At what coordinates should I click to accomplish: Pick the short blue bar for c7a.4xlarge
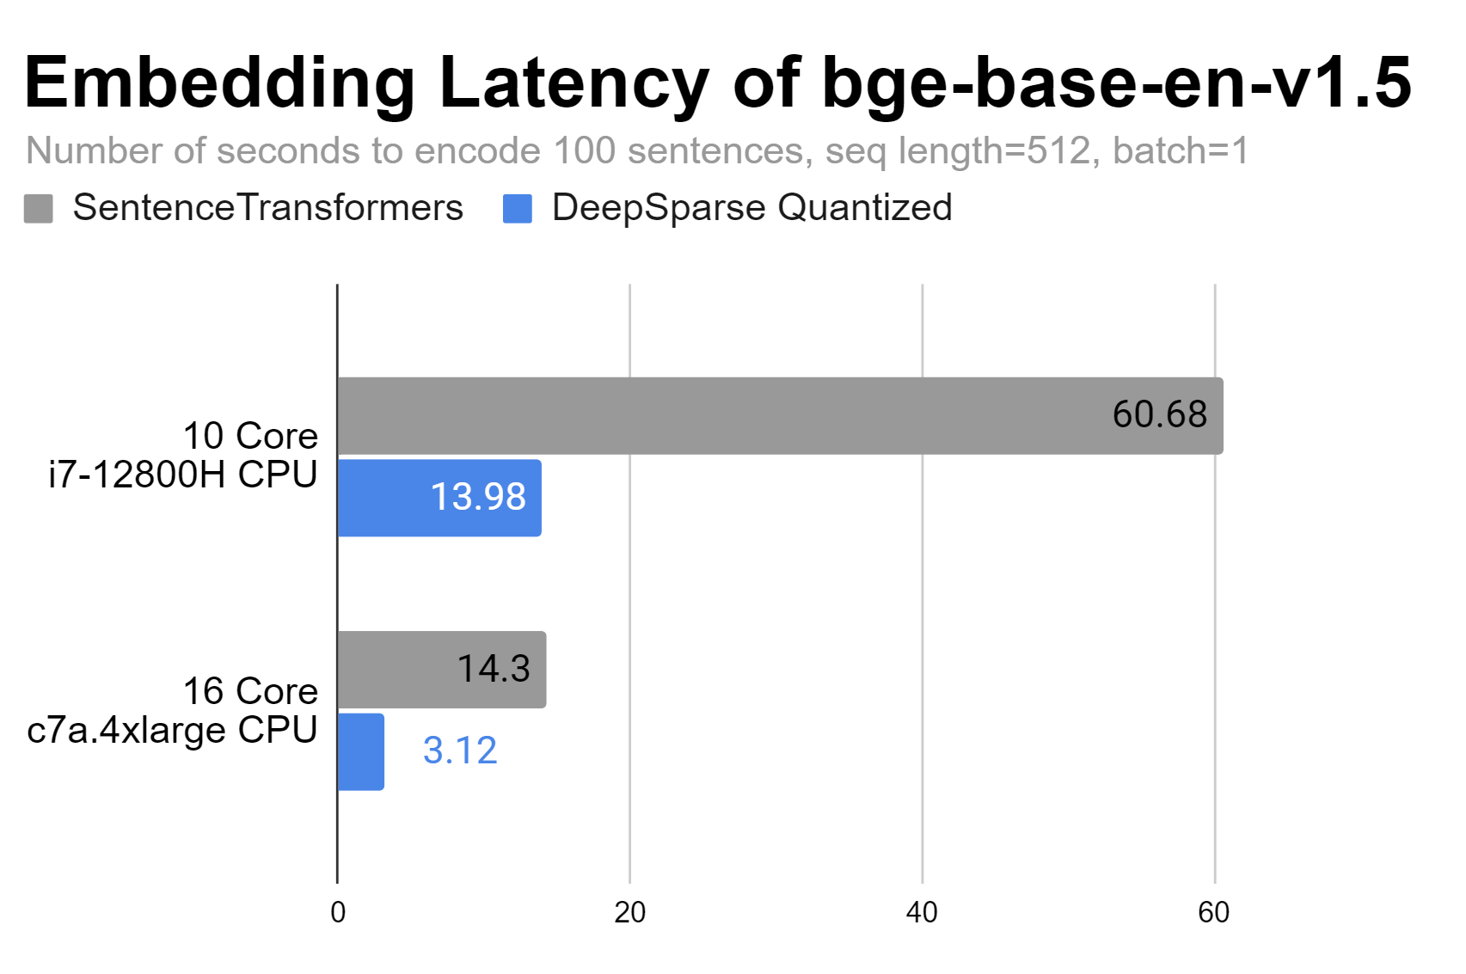360,751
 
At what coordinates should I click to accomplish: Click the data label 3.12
460,750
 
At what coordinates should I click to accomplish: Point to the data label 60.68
1159,414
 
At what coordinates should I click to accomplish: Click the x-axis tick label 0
338,913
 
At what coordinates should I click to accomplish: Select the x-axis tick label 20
629,913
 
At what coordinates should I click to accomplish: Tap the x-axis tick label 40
922,913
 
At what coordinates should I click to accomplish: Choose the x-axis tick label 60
1213,913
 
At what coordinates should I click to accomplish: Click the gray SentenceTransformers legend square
39,208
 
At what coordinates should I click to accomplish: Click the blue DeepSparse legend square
518,208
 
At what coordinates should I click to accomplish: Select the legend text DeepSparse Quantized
751,208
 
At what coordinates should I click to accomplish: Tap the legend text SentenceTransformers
267,208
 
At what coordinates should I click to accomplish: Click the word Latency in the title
573,83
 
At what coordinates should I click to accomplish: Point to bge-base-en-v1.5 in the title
1116,83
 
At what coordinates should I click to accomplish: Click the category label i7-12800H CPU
183,475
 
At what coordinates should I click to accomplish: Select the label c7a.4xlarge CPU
172,730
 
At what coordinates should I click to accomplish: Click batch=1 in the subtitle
1180,151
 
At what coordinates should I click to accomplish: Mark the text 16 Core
250,691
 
